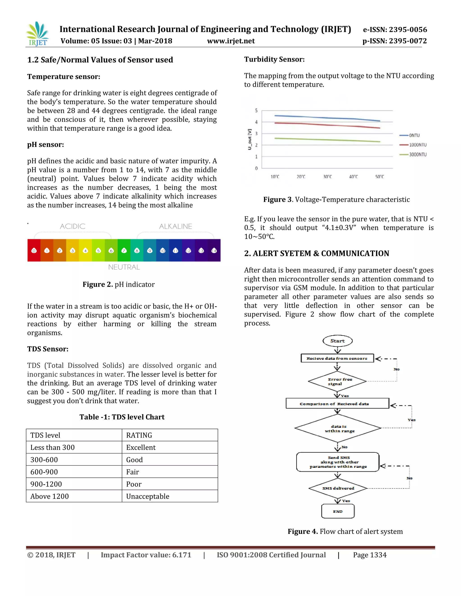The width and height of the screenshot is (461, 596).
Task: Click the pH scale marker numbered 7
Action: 124,251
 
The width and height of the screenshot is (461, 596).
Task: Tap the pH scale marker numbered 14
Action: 214,251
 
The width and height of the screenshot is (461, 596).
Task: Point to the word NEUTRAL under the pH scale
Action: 124,267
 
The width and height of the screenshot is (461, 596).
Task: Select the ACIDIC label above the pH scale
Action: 73,226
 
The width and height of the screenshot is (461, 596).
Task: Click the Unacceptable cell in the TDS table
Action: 147,496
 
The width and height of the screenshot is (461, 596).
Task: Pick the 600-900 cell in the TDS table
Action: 44,472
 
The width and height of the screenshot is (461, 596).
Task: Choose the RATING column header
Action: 139,435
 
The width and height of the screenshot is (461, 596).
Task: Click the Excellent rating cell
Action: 141,447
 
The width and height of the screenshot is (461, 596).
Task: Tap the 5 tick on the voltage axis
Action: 256,110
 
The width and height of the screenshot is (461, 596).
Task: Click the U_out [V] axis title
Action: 249,139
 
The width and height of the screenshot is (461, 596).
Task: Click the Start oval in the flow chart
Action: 338,341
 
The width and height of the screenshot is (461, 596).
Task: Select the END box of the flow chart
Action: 338,511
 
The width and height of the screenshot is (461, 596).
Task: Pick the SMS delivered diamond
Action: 338,488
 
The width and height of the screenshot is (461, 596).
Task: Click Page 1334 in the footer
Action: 370,555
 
